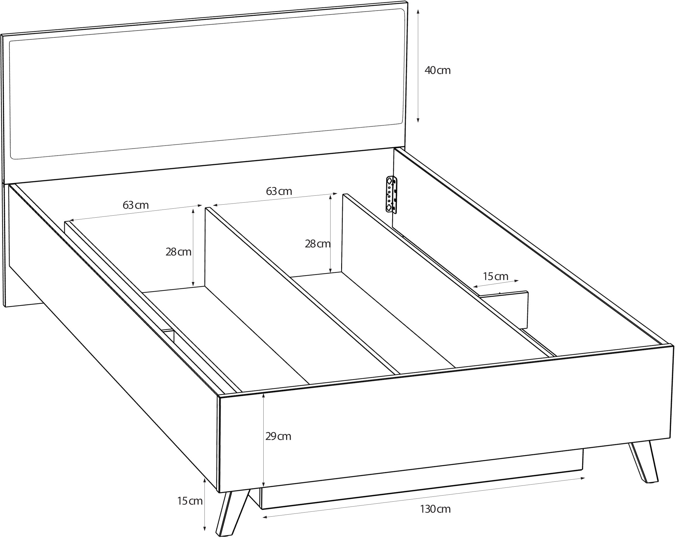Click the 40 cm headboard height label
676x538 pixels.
pyautogui.click(x=437, y=70)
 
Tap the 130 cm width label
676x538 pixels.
pyautogui.click(x=435, y=509)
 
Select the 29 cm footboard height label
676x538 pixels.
pyautogui.click(x=278, y=436)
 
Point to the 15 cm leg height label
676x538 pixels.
pyautogui.click(x=190, y=501)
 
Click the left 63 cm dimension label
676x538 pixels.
pyautogui.click(x=136, y=205)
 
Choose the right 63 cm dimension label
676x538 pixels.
pyautogui.click(x=279, y=191)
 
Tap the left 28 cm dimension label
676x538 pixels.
pyautogui.click(x=179, y=252)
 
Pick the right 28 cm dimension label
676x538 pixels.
pyautogui.click(x=318, y=244)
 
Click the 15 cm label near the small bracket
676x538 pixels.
pyautogui.click(x=495, y=276)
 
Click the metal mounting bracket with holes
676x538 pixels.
pyautogui.click(x=392, y=195)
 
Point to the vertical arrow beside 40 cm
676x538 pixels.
pyautogui.click(x=418, y=66)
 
